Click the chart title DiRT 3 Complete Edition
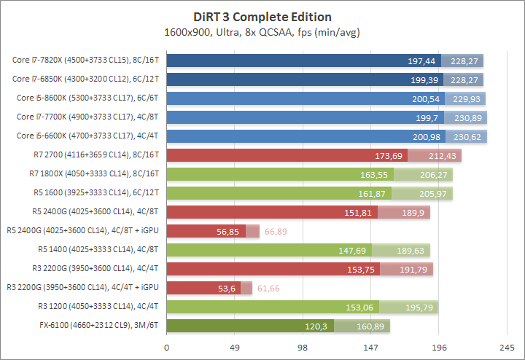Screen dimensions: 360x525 point(262,17)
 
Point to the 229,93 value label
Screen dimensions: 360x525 point(467,98)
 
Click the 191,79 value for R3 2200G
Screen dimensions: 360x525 point(416,270)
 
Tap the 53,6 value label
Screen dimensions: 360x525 point(226,289)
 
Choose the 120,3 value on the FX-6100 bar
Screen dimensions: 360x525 point(318,326)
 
